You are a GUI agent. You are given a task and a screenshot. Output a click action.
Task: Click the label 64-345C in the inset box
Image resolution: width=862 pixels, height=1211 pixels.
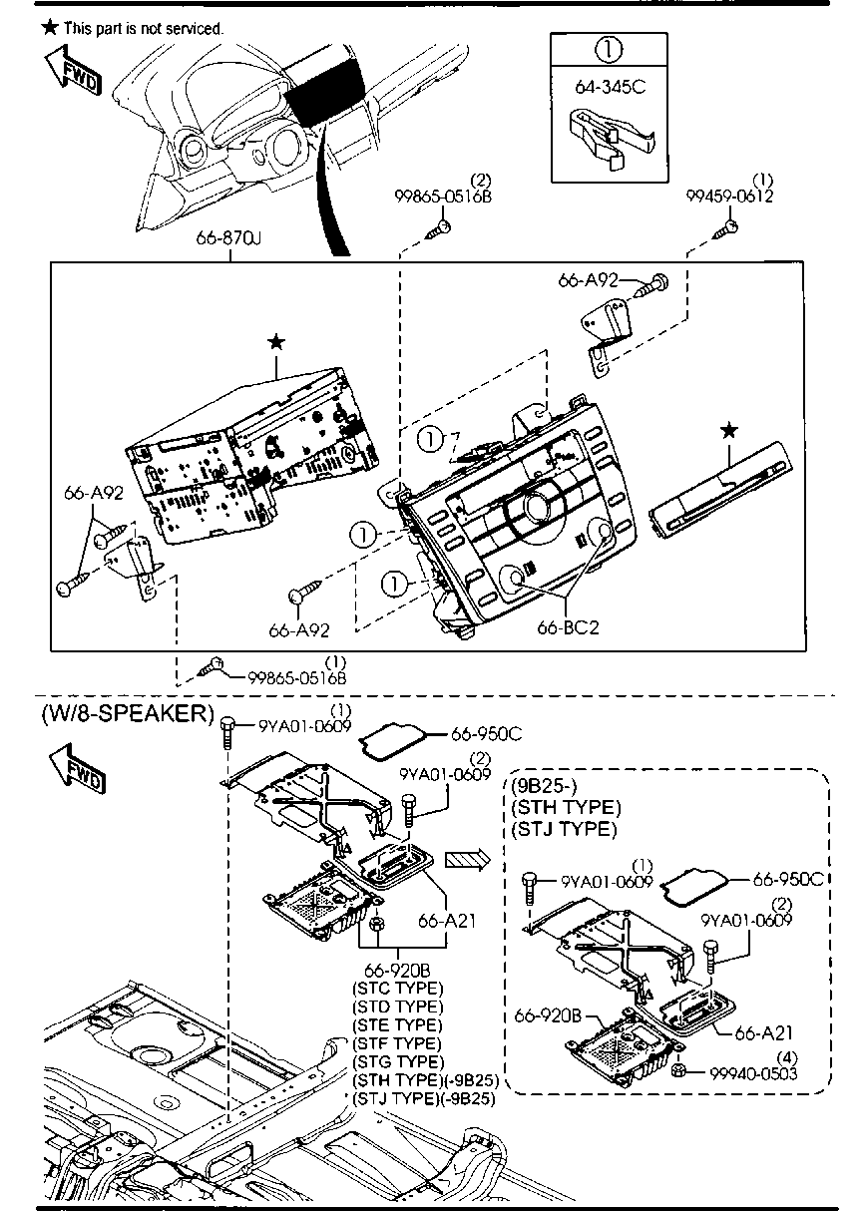tap(610, 87)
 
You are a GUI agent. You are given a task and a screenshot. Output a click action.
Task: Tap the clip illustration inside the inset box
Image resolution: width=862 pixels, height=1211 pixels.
tap(611, 137)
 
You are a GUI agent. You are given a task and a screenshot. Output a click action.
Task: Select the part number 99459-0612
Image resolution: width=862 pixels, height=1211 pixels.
tap(729, 196)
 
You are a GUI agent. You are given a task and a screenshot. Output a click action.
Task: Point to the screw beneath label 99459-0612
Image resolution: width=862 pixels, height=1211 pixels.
tap(725, 229)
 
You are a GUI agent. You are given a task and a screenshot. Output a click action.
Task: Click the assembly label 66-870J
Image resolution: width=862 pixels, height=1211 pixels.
tap(228, 237)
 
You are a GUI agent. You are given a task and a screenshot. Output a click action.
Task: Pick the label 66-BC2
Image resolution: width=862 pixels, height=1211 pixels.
tap(569, 627)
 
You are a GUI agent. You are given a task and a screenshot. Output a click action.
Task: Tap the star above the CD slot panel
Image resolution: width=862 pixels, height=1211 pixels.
tap(729, 431)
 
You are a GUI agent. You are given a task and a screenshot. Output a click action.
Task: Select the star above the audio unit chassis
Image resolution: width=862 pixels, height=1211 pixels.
tap(276, 342)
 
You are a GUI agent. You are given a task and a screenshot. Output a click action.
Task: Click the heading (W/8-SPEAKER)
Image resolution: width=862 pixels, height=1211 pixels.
tap(128, 713)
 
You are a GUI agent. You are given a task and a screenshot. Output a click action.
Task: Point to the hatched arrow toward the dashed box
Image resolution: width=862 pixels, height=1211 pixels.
tap(467, 859)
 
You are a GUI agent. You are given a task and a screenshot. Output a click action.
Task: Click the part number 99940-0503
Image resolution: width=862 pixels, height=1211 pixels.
tap(753, 1073)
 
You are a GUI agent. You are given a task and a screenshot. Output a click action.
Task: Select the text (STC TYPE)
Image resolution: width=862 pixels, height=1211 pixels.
tap(397, 989)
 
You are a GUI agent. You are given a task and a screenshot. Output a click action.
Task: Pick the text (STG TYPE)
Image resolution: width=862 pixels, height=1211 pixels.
tap(398, 1061)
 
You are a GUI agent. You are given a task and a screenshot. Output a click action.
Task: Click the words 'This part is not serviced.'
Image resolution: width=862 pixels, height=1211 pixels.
tap(144, 28)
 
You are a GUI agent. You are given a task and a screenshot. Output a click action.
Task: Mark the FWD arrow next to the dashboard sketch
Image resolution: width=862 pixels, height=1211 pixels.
tap(73, 73)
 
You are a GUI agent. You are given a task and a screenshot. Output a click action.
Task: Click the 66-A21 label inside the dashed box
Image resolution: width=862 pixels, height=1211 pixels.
tap(763, 1032)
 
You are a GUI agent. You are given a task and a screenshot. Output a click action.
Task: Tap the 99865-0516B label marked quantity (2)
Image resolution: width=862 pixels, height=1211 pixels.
tap(443, 197)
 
